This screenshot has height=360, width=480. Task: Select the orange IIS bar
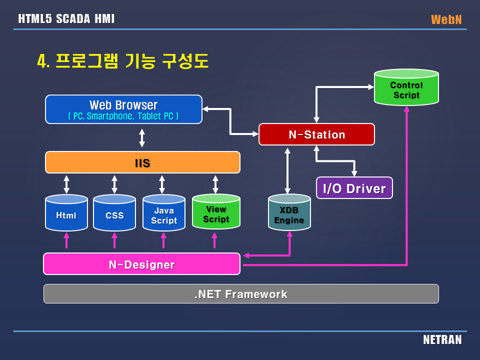142,162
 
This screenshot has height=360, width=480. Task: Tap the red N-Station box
316,134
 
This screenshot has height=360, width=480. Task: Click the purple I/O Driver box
354,188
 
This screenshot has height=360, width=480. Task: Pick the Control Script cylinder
406,88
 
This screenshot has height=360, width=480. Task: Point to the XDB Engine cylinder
289,214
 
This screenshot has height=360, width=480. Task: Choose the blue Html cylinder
66,214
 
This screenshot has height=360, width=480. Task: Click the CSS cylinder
114,214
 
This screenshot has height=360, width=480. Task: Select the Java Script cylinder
163,214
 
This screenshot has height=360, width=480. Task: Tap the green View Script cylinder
215,213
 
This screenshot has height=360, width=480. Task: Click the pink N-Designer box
141,264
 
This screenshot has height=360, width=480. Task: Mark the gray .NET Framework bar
241,294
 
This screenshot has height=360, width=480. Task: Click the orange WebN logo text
446,19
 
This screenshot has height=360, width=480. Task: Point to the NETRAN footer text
442,340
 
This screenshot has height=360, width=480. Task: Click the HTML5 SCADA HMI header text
66,19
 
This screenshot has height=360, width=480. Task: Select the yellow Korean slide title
122,61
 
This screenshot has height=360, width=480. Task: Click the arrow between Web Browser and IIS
142,137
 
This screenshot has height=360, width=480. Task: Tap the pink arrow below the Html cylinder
66,241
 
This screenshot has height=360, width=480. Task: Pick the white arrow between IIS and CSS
114,184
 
